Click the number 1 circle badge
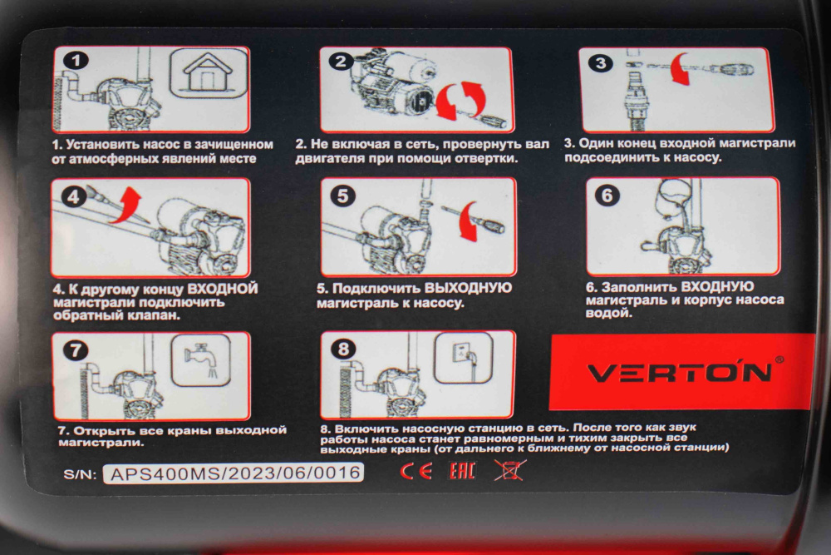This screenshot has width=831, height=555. (76, 61)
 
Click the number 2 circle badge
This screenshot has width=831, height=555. (341, 62)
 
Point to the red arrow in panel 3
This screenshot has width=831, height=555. (681, 68)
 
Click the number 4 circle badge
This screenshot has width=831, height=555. (74, 197)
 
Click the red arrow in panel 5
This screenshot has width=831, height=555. (467, 221)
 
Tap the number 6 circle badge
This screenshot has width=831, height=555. (607, 196)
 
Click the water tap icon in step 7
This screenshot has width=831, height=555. (201, 359)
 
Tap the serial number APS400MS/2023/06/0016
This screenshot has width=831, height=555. (234, 473)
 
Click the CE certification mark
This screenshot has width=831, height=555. (415, 471)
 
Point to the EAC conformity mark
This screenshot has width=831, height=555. (462, 471)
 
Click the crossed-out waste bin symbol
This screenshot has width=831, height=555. (509, 470)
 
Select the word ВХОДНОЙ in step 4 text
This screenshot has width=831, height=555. (223, 289)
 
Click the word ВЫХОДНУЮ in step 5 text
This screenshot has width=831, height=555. (468, 288)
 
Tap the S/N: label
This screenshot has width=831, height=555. (80, 473)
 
